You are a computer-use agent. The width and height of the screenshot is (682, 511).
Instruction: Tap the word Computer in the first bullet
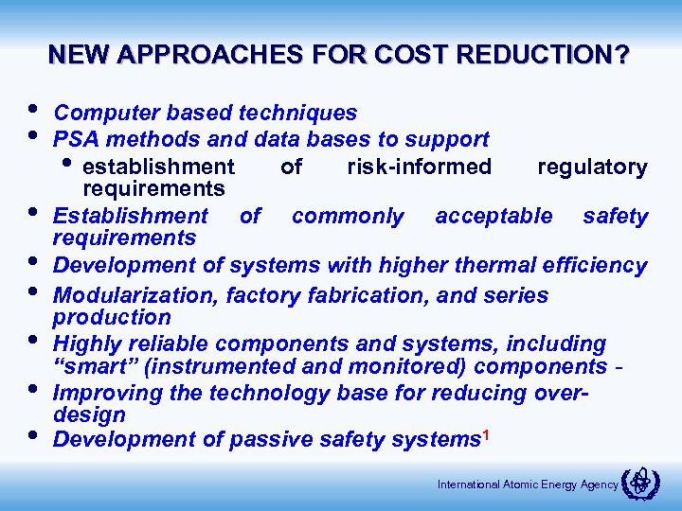101,113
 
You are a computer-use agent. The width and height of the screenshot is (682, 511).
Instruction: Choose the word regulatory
592,167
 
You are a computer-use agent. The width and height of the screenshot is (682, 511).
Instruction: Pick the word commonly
347,216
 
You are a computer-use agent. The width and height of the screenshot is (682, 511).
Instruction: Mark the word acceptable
494,216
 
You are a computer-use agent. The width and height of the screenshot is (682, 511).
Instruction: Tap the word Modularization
136,295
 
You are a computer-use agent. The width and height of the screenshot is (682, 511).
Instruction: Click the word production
112,317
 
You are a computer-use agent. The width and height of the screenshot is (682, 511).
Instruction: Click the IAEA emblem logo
641,484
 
